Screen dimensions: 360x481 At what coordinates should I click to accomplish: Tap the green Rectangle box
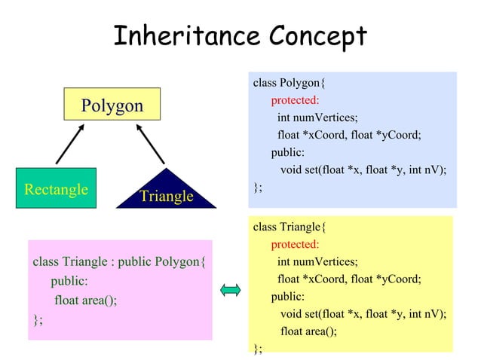[x=56, y=188]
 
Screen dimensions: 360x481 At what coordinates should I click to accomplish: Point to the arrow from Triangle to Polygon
[x=151, y=145]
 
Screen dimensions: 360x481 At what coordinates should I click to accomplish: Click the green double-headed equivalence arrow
[x=231, y=289]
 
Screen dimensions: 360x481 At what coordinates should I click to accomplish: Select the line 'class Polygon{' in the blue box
[x=289, y=83]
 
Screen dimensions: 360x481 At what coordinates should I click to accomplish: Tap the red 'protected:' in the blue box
[x=295, y=100]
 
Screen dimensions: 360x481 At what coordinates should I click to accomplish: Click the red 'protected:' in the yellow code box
[x=295, y=244]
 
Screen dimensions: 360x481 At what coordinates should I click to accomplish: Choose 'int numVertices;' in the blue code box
[x=317, y=117]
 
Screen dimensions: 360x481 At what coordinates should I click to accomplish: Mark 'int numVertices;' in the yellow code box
[x=317, y=261]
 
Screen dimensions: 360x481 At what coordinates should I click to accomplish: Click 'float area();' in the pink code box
[x=86, y=301]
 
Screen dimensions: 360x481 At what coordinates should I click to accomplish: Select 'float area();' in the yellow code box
[x=308, y=331]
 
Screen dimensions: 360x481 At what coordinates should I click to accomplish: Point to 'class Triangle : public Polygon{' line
[x=119, y=262]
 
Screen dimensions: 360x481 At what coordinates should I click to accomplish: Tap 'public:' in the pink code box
[x=69, y=282]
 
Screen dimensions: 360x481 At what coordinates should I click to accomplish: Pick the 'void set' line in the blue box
[x=363, y=169]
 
